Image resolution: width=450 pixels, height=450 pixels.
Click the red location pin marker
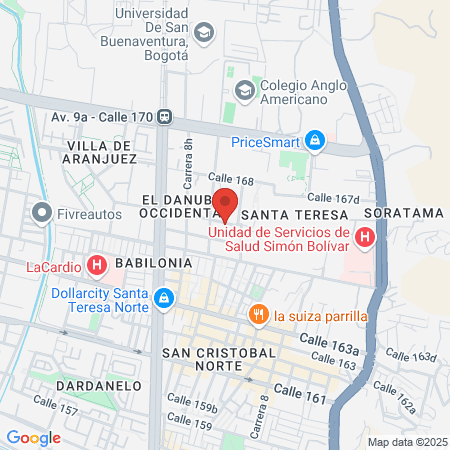click(225, 203)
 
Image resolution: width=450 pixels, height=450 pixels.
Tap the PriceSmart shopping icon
click(316, 141)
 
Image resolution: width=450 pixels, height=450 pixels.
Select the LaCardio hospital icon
click(97, 266)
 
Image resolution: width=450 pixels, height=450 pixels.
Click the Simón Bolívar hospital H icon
click(365, 239)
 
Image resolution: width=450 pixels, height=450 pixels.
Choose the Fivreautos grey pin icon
click(42, 212)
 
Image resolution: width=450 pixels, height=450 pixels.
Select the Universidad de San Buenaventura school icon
click(204, 33)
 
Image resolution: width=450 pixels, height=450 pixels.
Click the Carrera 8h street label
click(186, 163)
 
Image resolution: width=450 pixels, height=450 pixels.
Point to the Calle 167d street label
click(332, 199)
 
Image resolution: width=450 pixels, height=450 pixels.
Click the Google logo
click(33, 437)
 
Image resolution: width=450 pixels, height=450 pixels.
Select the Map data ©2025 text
click(407, 442)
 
